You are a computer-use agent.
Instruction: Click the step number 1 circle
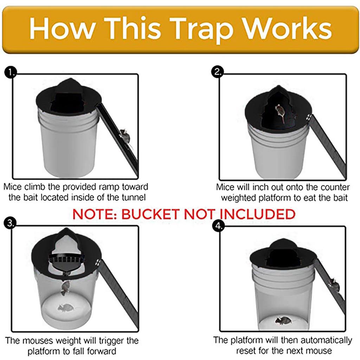point(11,73)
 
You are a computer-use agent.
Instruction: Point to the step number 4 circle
point(218,226)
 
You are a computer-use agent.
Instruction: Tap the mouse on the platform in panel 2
point(279,112)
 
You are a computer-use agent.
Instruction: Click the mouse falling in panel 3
point(65,288)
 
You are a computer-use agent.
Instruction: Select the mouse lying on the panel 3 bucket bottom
point(65,308)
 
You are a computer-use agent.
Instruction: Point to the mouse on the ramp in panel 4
point(334,285)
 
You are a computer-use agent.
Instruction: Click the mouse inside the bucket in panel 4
point(283,320)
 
